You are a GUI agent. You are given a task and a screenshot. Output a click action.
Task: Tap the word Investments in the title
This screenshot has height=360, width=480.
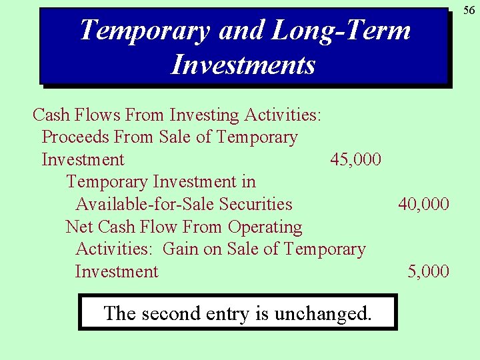[x=243, y=65]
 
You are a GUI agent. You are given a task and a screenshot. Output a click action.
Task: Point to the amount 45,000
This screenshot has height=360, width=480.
[x=356, y=160]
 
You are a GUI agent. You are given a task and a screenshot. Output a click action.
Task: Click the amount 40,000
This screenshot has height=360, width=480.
[x=423, y=205]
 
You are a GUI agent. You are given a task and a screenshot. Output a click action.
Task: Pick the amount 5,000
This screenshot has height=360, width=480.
[x=428, y=272]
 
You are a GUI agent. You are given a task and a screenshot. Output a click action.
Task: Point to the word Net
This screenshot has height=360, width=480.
[x=79, y=227]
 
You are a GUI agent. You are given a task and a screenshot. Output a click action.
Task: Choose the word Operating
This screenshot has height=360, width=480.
[x=265, y=227]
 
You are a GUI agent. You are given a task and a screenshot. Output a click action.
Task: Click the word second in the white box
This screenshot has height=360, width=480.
[x=174, y=313]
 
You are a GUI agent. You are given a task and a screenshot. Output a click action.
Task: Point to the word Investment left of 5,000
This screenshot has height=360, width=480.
[x=117, y=272]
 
